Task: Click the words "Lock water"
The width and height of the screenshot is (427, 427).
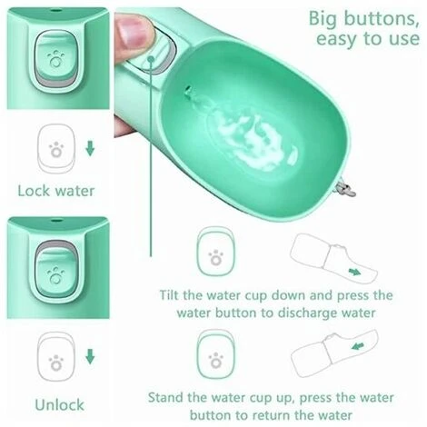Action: click(x=56, y=191)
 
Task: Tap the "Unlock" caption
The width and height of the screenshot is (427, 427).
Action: click(x=59, y=404)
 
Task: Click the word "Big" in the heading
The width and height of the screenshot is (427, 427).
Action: click(x=323, y=19)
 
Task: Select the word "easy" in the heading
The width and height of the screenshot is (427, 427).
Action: click(x=337, y=39)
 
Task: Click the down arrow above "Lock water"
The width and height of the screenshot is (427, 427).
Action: click(x=90, y=149)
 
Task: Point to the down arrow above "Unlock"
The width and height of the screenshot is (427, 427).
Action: click(x=90, y=356)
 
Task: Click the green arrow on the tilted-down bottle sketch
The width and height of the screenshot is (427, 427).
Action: click(x=354, y=272)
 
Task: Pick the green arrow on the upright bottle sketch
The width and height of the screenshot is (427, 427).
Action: click(x=359, y=346)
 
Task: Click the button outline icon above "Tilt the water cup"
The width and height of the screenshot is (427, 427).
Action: click(x=215, y=253)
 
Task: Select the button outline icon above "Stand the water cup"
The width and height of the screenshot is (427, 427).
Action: click(x=215, y=354)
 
